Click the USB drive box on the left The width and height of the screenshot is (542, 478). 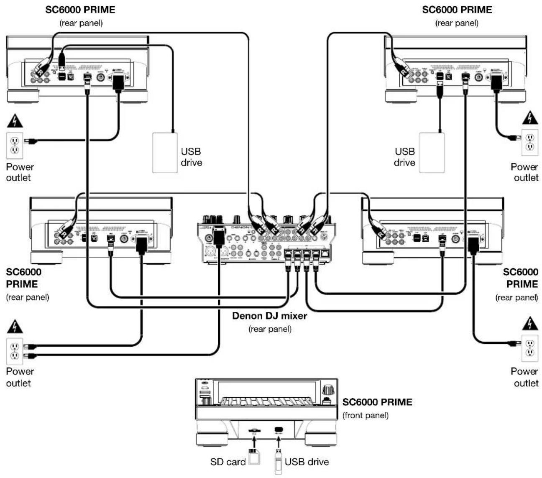(x=165, y=153)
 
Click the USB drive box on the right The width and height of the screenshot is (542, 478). (x=432, y=153)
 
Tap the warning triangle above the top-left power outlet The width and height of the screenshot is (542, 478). (x=15, y=121)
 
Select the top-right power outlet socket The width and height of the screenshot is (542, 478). (x=529, y=142)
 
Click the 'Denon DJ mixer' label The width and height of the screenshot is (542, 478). (x=269, y=316)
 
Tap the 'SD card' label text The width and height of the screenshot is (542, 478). (x=228, y=462)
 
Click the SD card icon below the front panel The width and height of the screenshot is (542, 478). (x=253, y=456)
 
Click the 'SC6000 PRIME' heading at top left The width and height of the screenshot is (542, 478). (x=80, y=10)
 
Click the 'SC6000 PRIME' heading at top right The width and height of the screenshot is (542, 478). (x=457, y=10)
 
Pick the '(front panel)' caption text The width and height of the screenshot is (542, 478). (x=366, y=415)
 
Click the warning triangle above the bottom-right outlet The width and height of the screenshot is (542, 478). (x=530, y=324)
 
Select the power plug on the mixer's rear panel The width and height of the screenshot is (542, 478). (x=218, y=237)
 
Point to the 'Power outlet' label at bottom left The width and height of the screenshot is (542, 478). (x=19, y=377)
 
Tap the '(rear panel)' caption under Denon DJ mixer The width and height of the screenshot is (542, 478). (x=270, y=329)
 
